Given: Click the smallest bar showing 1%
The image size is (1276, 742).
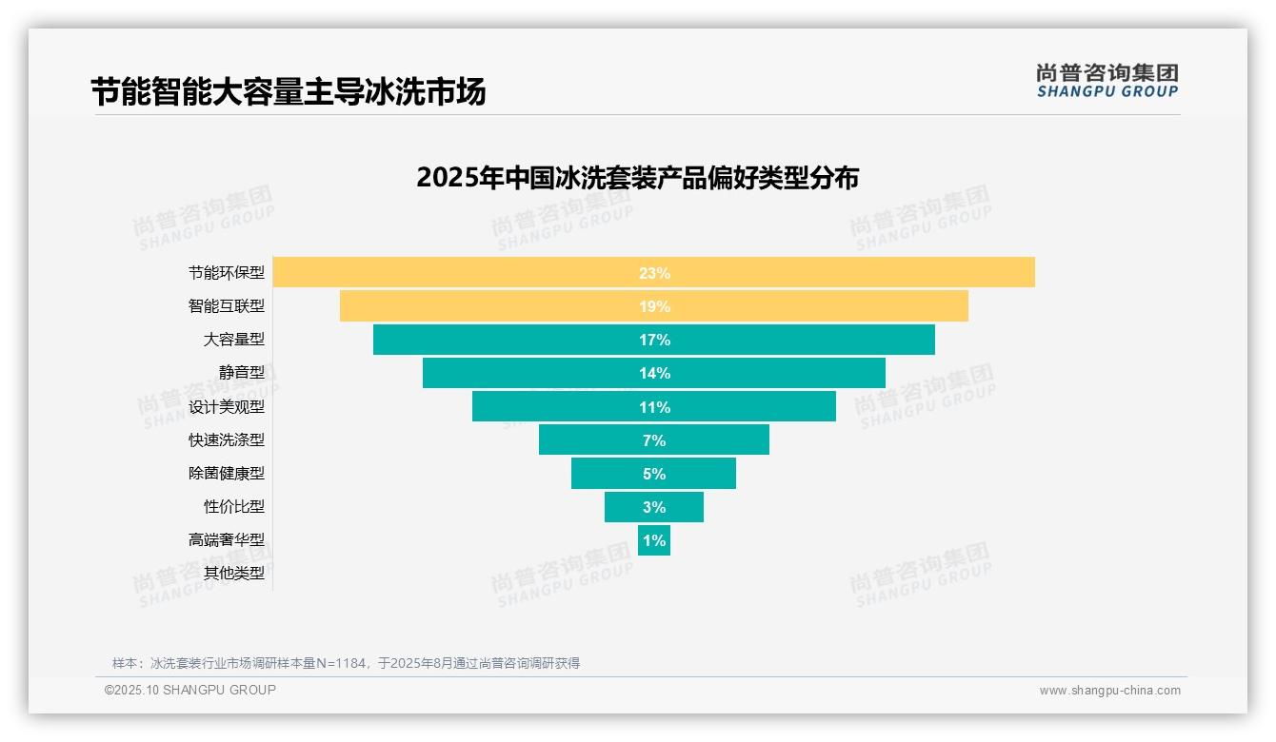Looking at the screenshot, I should pyautogui.click(x=654, y=540).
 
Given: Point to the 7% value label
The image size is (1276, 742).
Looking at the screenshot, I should pyautogui.click(x=654, y=440).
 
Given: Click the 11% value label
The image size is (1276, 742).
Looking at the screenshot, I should pyautogui.click(x=654, y=407).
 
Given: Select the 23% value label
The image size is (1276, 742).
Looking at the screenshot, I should pyautogui.click(x=654, y=273).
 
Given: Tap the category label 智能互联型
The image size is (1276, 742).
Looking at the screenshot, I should pyautogui.click(x=227, y=306).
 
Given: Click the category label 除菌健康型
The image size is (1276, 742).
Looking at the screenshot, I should pyautogui.click(x=227, y=473).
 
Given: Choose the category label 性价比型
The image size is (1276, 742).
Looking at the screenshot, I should pyautogui.click(x=234, y=506).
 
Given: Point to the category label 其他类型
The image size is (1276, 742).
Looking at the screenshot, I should pyautogui.click(x=234, y=573).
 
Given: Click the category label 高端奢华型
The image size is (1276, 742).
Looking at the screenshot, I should pyautogui.click(x=227, y=539).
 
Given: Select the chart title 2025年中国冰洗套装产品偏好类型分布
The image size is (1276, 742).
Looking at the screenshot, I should pyautogui.click(x=637, y=178).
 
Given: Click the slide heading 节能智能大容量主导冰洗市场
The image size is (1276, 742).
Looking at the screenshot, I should pyautogui.click(x=289, y=92).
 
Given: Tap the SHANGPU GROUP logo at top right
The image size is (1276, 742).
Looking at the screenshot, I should pyautogui.click(x=1107, y=81).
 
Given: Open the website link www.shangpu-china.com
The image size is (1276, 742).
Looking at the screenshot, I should pyautogui.click(x=1109, y=691).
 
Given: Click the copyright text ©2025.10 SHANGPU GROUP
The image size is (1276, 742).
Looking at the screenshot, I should pyautogui.click(x=190, y=690).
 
